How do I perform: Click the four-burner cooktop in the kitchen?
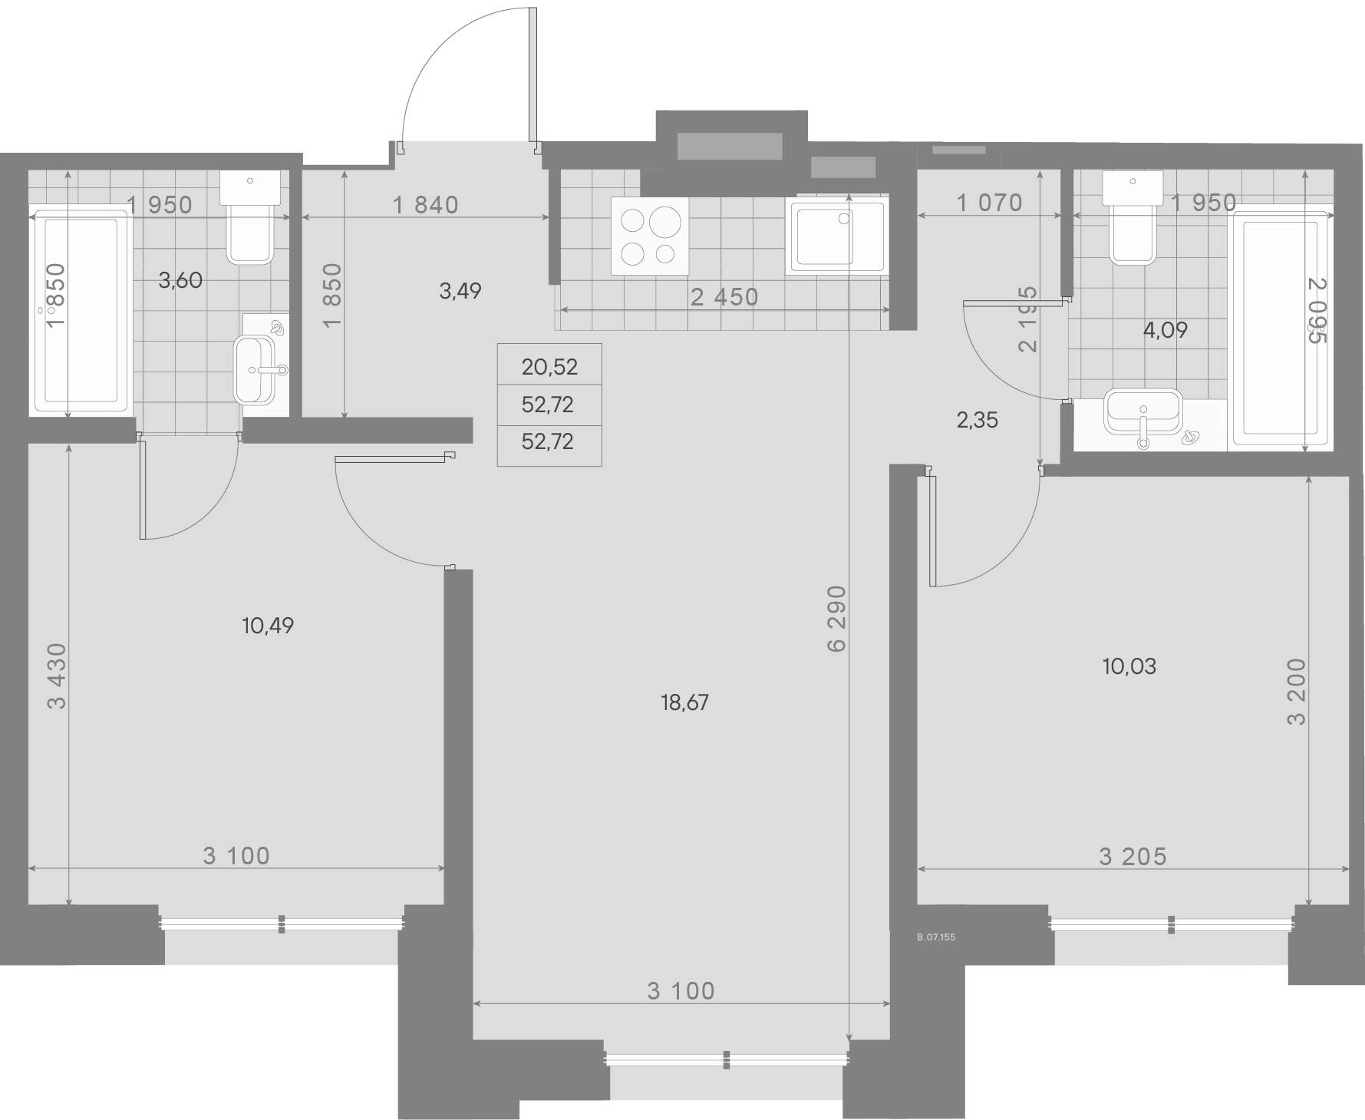(649, 236)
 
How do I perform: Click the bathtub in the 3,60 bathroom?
(79, 313)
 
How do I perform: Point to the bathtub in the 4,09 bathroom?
(1280, 331)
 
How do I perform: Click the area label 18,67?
(684, 702)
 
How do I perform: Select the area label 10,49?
(268, 626)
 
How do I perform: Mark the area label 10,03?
(1129, 666)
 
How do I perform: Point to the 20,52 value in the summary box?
(549, 367)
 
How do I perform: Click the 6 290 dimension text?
(837, 619)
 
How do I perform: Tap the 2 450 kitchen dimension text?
(724, 297)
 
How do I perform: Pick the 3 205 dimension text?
(1133, 856)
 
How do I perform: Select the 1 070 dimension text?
(990, 203)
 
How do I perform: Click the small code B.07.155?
(936, 937)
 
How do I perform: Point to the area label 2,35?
(978, 420)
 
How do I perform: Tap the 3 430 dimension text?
(58, 676)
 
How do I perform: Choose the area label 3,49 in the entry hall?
(460, 291)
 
